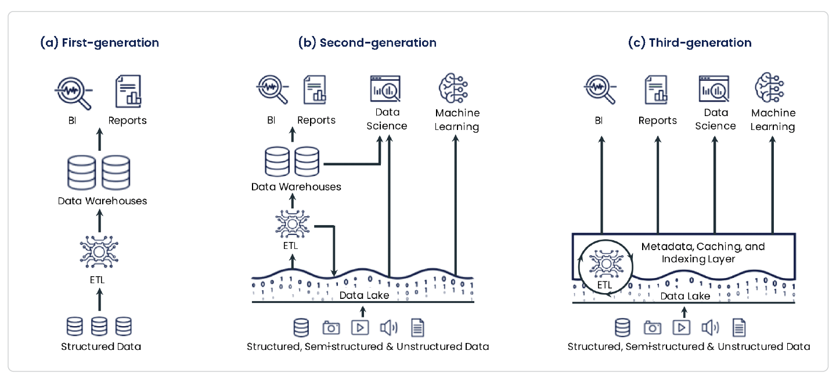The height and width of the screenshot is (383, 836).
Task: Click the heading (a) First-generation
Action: coord(99,43)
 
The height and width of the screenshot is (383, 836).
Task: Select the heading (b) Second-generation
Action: coord(367,43)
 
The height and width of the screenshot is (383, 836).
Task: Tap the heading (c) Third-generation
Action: coord(690,43)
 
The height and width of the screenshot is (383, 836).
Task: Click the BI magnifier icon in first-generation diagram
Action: coord(74,92)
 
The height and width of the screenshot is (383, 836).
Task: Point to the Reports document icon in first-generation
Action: coord(128,91)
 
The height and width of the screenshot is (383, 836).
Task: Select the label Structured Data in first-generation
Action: coord(101,347)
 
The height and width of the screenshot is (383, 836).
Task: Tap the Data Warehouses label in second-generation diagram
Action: coord(296,187)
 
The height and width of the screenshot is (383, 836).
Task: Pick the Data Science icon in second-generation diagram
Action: coord(386,89)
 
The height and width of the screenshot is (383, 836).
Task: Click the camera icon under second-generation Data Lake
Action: coord(331,328)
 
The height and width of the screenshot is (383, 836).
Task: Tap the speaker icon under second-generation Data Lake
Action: coord(388,328)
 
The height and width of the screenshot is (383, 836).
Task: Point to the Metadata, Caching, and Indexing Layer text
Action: coord(703,253)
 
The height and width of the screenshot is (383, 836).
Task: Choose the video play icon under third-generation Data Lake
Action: coord(682,328)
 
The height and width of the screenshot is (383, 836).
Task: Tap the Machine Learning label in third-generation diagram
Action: coord(773,120)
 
